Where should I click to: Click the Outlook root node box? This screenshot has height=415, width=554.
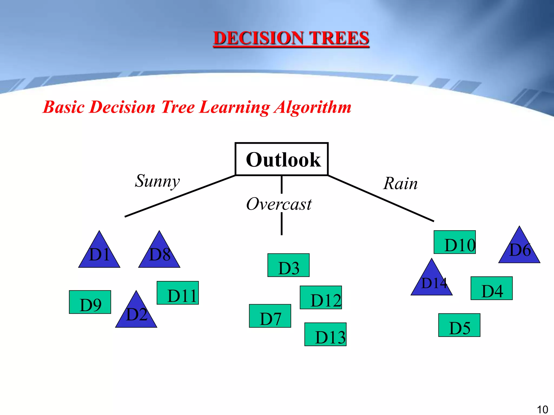282,159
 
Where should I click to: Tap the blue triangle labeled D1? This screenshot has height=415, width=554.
99,254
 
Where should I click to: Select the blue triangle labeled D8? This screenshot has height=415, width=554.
159,254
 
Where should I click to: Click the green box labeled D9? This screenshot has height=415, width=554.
90,302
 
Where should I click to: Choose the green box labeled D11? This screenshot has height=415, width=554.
178,293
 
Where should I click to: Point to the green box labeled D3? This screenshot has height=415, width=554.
288,265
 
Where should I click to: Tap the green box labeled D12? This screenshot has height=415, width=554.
321,297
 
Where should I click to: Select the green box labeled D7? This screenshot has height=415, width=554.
270,316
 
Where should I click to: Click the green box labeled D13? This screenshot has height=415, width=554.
325,334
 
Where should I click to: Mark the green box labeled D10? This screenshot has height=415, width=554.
455,242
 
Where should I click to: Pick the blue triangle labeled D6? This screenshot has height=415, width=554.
519,250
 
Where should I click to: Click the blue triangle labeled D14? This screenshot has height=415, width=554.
432,282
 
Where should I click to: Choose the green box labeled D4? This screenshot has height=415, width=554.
492,288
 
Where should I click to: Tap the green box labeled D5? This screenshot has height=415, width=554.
459,325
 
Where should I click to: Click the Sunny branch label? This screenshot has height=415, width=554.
157,181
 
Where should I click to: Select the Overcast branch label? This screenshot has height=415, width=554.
279,204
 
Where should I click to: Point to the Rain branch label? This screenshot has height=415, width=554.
400,184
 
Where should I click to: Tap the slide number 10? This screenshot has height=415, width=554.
542,409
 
